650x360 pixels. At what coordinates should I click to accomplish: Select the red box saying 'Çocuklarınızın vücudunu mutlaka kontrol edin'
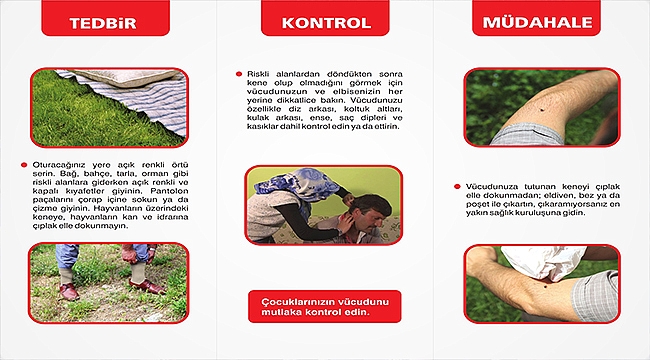click(x=324, y=306)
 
